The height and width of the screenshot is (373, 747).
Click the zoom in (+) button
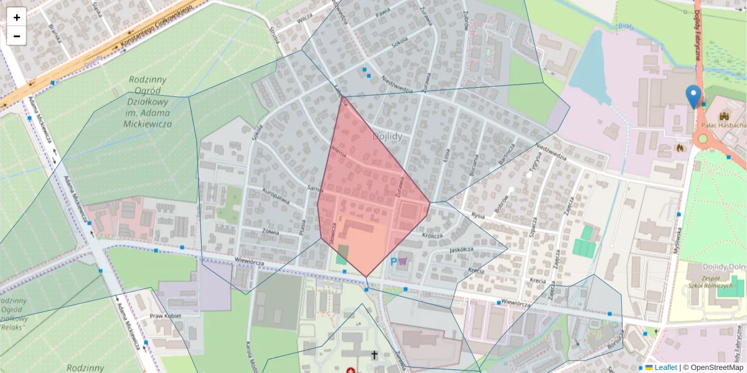coord(17,17)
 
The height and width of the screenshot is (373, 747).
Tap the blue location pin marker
coord(693,96)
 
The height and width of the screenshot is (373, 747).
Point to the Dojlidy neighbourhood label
coord(389,135)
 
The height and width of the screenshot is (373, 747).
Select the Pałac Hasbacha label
coord(723,125)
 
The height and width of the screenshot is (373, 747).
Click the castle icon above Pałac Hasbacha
coord(723,116)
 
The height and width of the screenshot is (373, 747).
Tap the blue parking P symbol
coord(393,262)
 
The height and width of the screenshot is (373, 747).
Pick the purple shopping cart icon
coord(403,262)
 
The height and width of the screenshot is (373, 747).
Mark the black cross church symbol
coord(374,355)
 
